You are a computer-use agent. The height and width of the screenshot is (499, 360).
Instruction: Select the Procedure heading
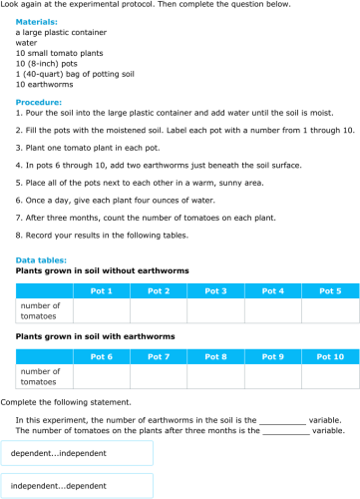point(39,102)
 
